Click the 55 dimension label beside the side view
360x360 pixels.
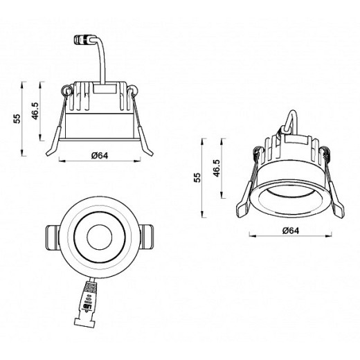[x=16, y=118]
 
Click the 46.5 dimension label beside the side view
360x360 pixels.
[x=35, y=110]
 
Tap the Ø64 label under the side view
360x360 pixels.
[x=100, y=155]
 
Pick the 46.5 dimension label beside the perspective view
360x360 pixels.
[x=216, y=170]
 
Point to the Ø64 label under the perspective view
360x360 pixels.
[x=291, y=229]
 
